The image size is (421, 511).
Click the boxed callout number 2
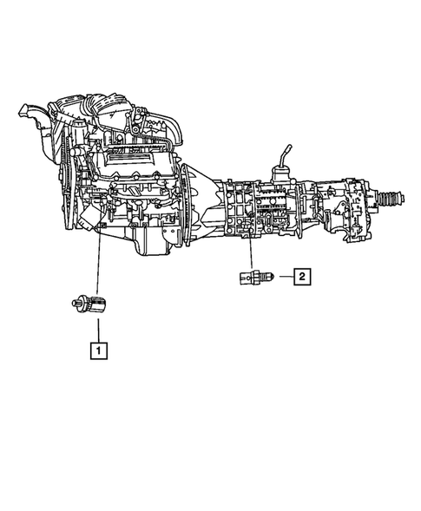301,278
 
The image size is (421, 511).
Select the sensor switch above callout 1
91,303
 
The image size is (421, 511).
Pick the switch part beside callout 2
254,278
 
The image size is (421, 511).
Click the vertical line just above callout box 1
98,330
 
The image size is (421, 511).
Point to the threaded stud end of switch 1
76,303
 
